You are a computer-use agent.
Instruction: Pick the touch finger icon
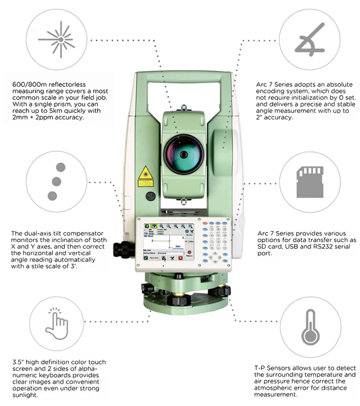[56, 323]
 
